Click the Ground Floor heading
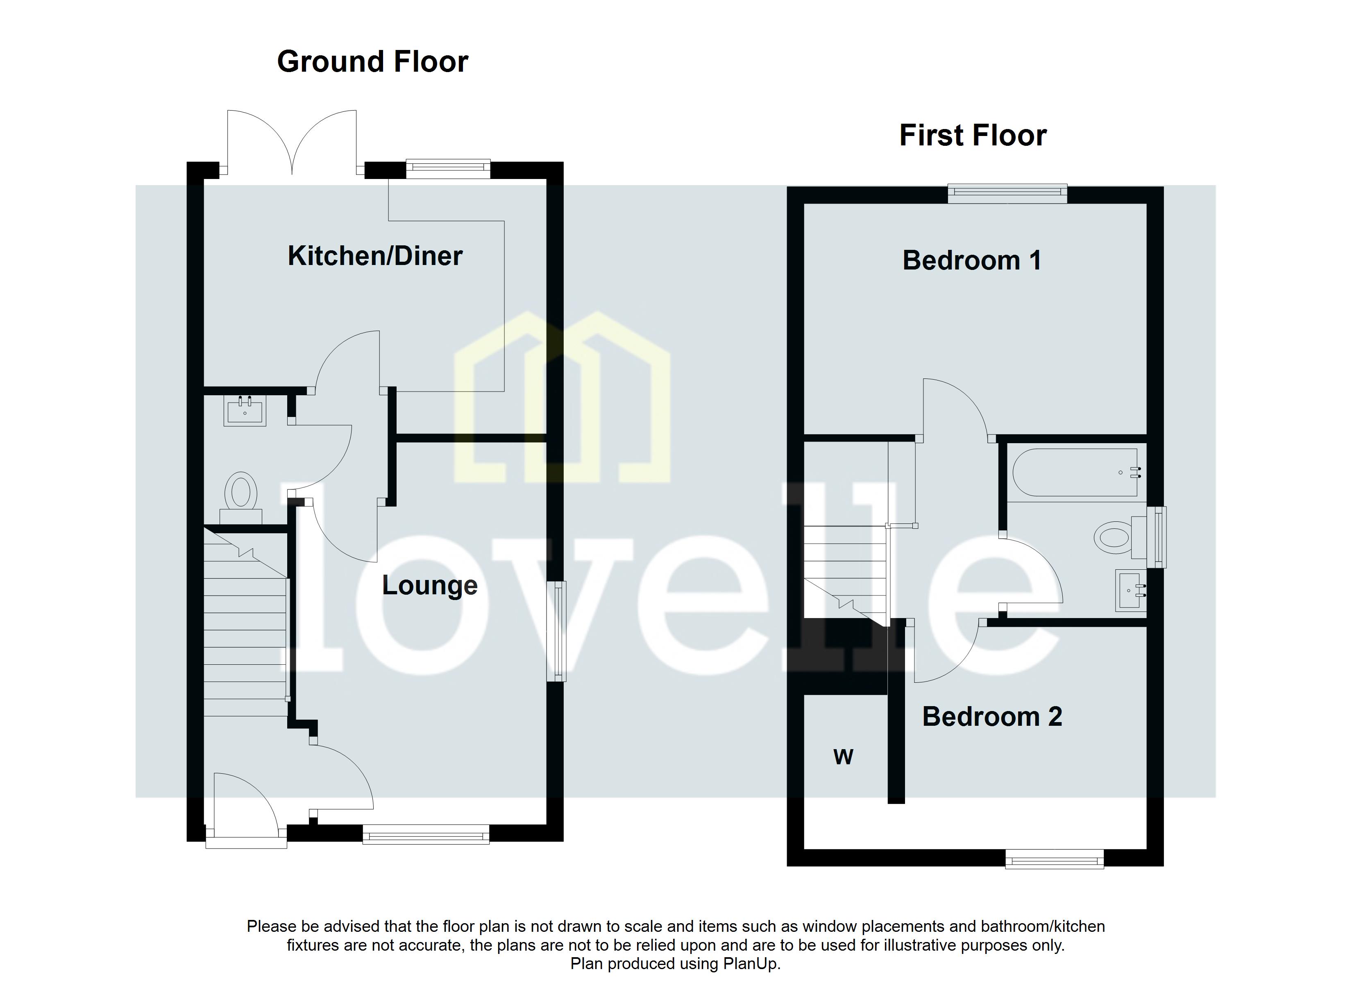tap(372, 62)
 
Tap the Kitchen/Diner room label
tap(375, 256)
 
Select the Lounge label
tap(429, 585)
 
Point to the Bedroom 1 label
tap(972, 260)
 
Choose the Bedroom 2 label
tap(992, 716)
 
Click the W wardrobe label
tap(843, 757)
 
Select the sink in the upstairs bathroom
tap(1130, 591)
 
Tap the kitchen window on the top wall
tap(448, 169)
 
